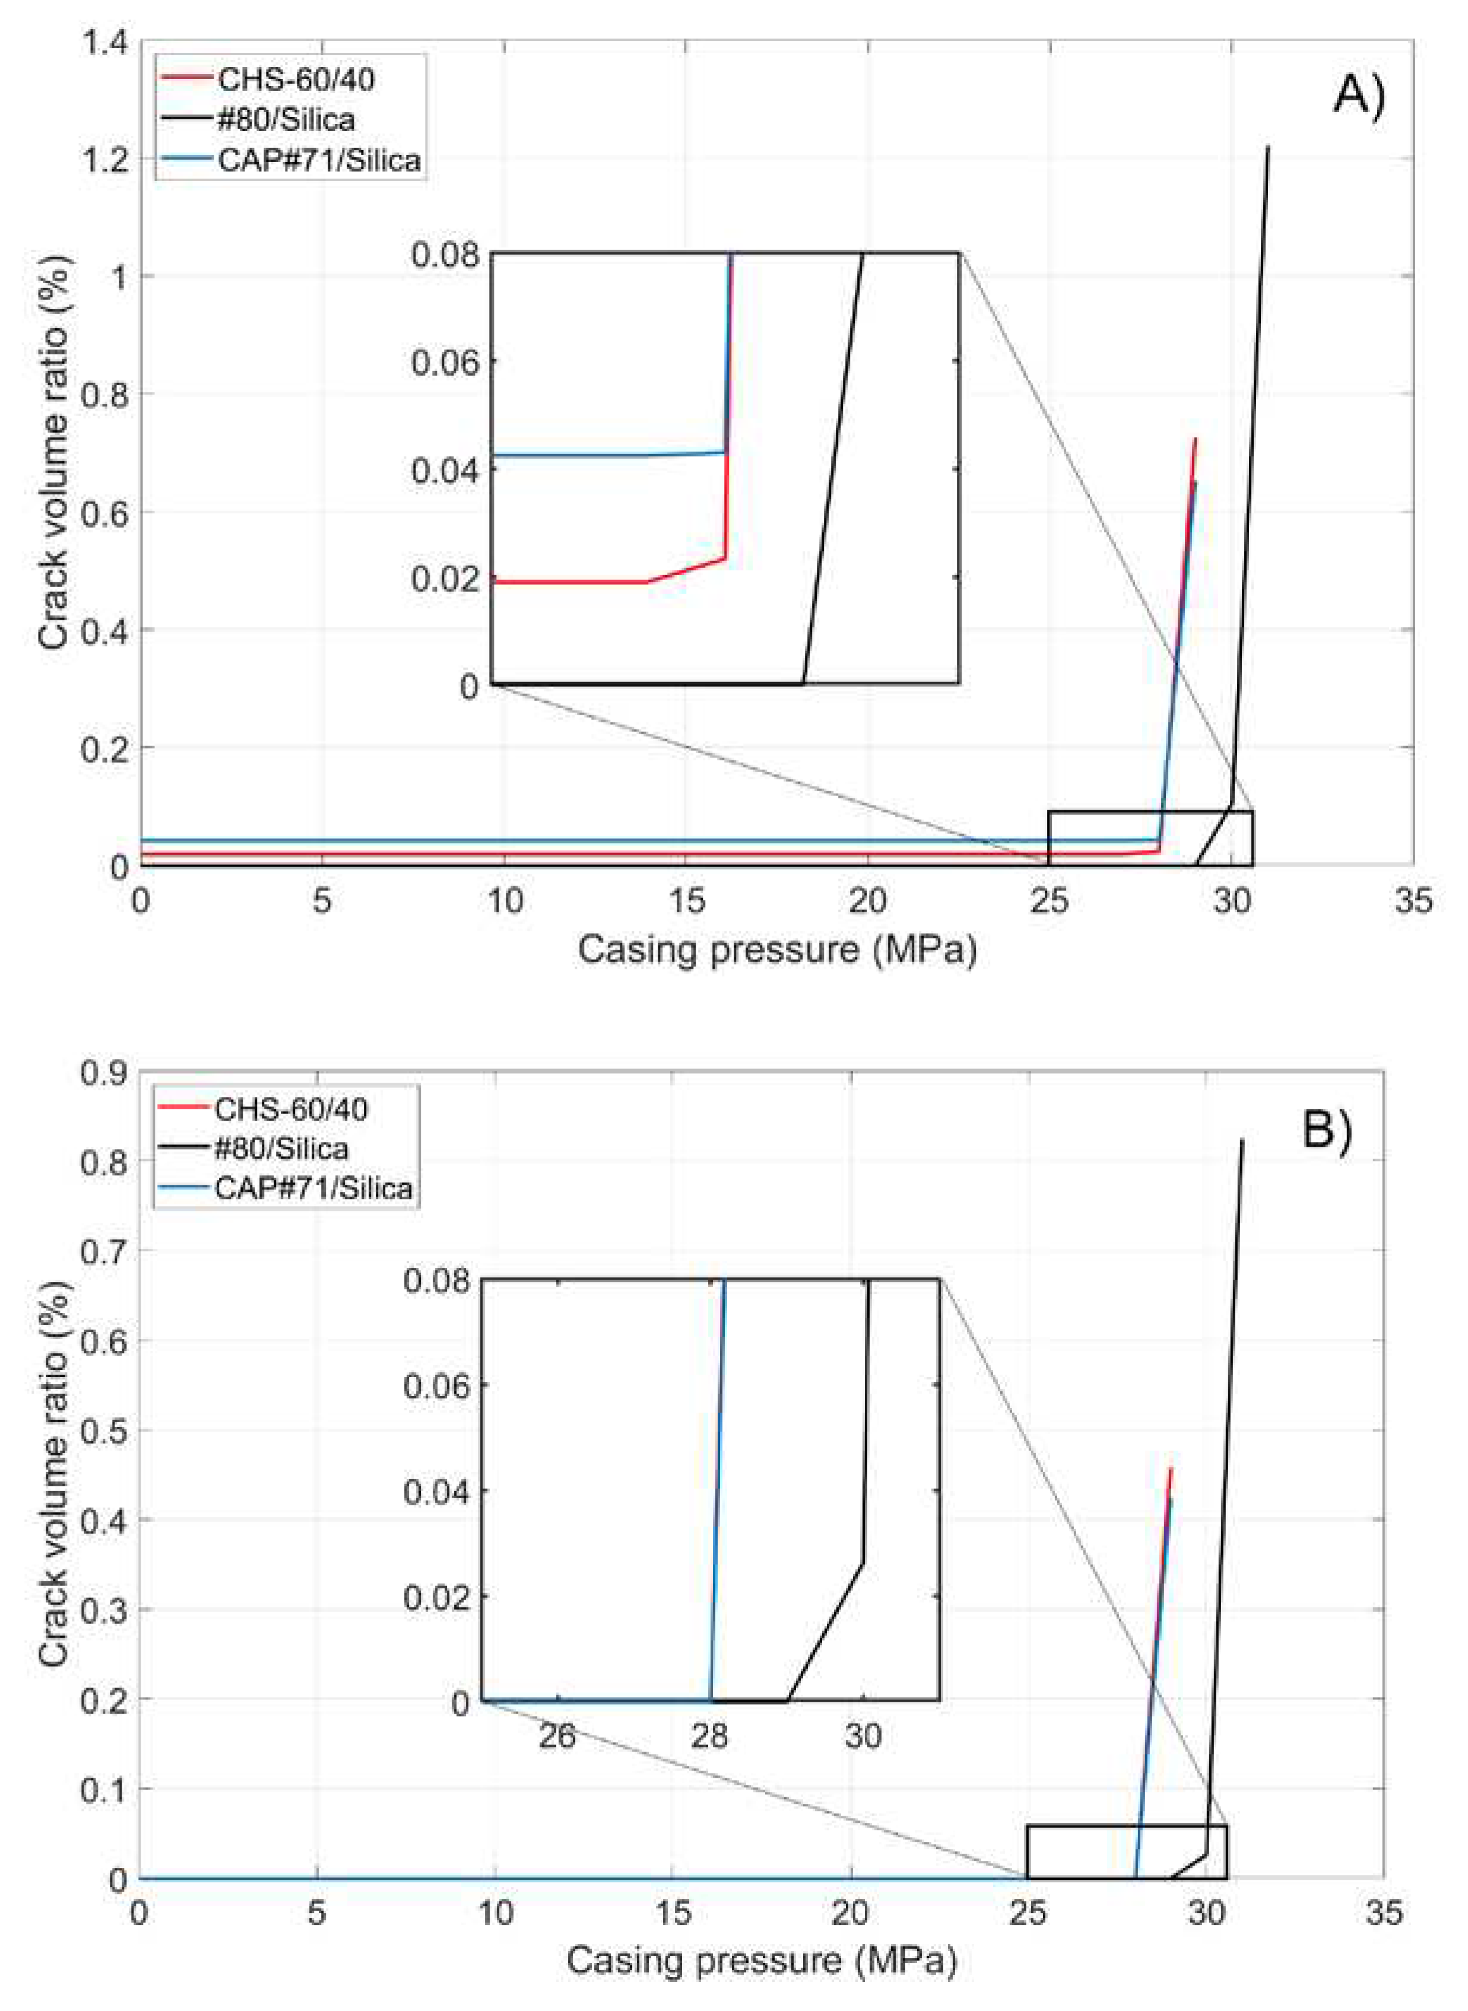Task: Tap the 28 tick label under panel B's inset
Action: pos(710,1734)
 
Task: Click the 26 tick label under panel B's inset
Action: pos(557,1734)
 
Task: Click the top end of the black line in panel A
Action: pos(1268,148)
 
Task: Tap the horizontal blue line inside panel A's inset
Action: pos(604,455)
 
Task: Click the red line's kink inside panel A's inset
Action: pos(725,558)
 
